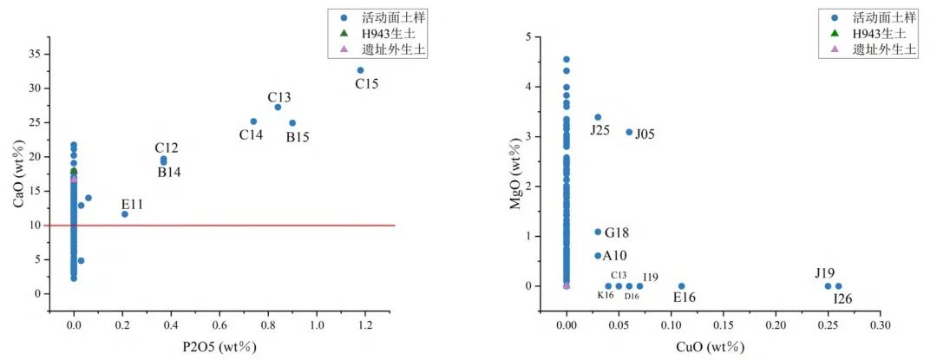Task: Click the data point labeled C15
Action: click(360, 70)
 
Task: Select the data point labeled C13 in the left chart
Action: click(278, 107)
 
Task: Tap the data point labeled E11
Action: click(125, 214)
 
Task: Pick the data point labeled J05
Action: click(629, 132)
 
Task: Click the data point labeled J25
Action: click(598, 117)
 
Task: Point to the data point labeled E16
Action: click(681, 286)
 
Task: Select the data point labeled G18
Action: click(598, 232)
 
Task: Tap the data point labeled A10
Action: click(598, 256)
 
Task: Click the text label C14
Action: click(251, 135)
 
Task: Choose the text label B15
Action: click(298, 137)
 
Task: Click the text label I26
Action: click(842, 299)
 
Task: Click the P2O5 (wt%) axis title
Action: click(220, 348)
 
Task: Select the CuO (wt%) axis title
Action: click(712, 348)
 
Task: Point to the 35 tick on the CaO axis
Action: click(34, 54)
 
